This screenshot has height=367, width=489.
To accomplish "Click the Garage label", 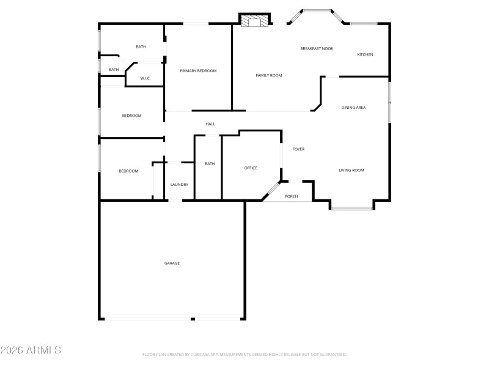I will point(172,263).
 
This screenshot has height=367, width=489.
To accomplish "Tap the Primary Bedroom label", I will point(198,71).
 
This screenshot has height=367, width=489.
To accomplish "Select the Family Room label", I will point(268,75).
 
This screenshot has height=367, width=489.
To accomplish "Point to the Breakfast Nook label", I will point(317,48).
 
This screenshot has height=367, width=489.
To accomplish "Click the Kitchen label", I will point(365,54).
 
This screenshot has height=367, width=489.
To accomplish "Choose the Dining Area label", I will point(353,108).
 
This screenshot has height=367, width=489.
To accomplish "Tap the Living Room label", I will point(351,170).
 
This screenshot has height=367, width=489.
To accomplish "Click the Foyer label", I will point(298,149).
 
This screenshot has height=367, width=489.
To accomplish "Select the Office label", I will point(251,168).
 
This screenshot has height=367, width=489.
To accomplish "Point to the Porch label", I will point(292,196).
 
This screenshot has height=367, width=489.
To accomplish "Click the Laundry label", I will point(179,185).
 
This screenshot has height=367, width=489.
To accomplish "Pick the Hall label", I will point(210,124).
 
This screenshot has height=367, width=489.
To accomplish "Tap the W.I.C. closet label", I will point(145,78).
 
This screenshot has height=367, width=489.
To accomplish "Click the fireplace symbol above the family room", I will point(254,21).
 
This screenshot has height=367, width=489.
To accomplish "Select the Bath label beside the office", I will point(210,163).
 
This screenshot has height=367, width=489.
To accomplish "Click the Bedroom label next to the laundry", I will point(128,171).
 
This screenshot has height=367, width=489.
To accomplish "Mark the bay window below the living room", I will point(351,209).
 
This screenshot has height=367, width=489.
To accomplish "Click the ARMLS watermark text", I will point(31,350).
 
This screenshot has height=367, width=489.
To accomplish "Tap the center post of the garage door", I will point(192,319).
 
